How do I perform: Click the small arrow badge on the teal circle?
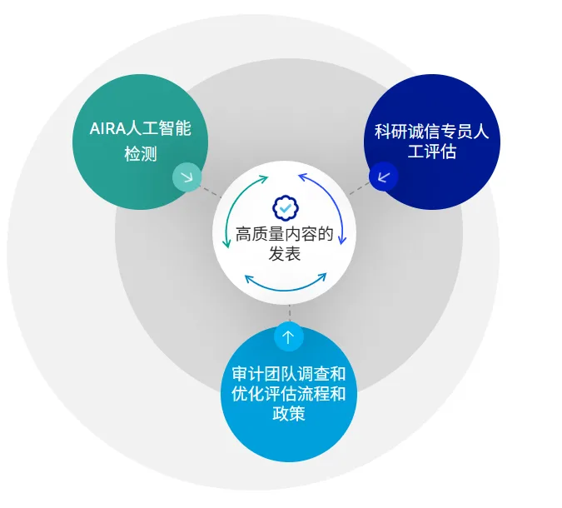(187, 177)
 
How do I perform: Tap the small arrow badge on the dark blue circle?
(384, 176)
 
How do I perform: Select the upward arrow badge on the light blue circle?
(289, 337)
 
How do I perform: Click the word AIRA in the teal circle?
(107, 129)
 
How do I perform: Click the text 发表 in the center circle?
(285, 255)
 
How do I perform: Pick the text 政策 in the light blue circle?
(289, 413)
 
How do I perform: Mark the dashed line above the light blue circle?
(289, 313)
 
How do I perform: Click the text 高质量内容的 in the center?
(285, 234)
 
